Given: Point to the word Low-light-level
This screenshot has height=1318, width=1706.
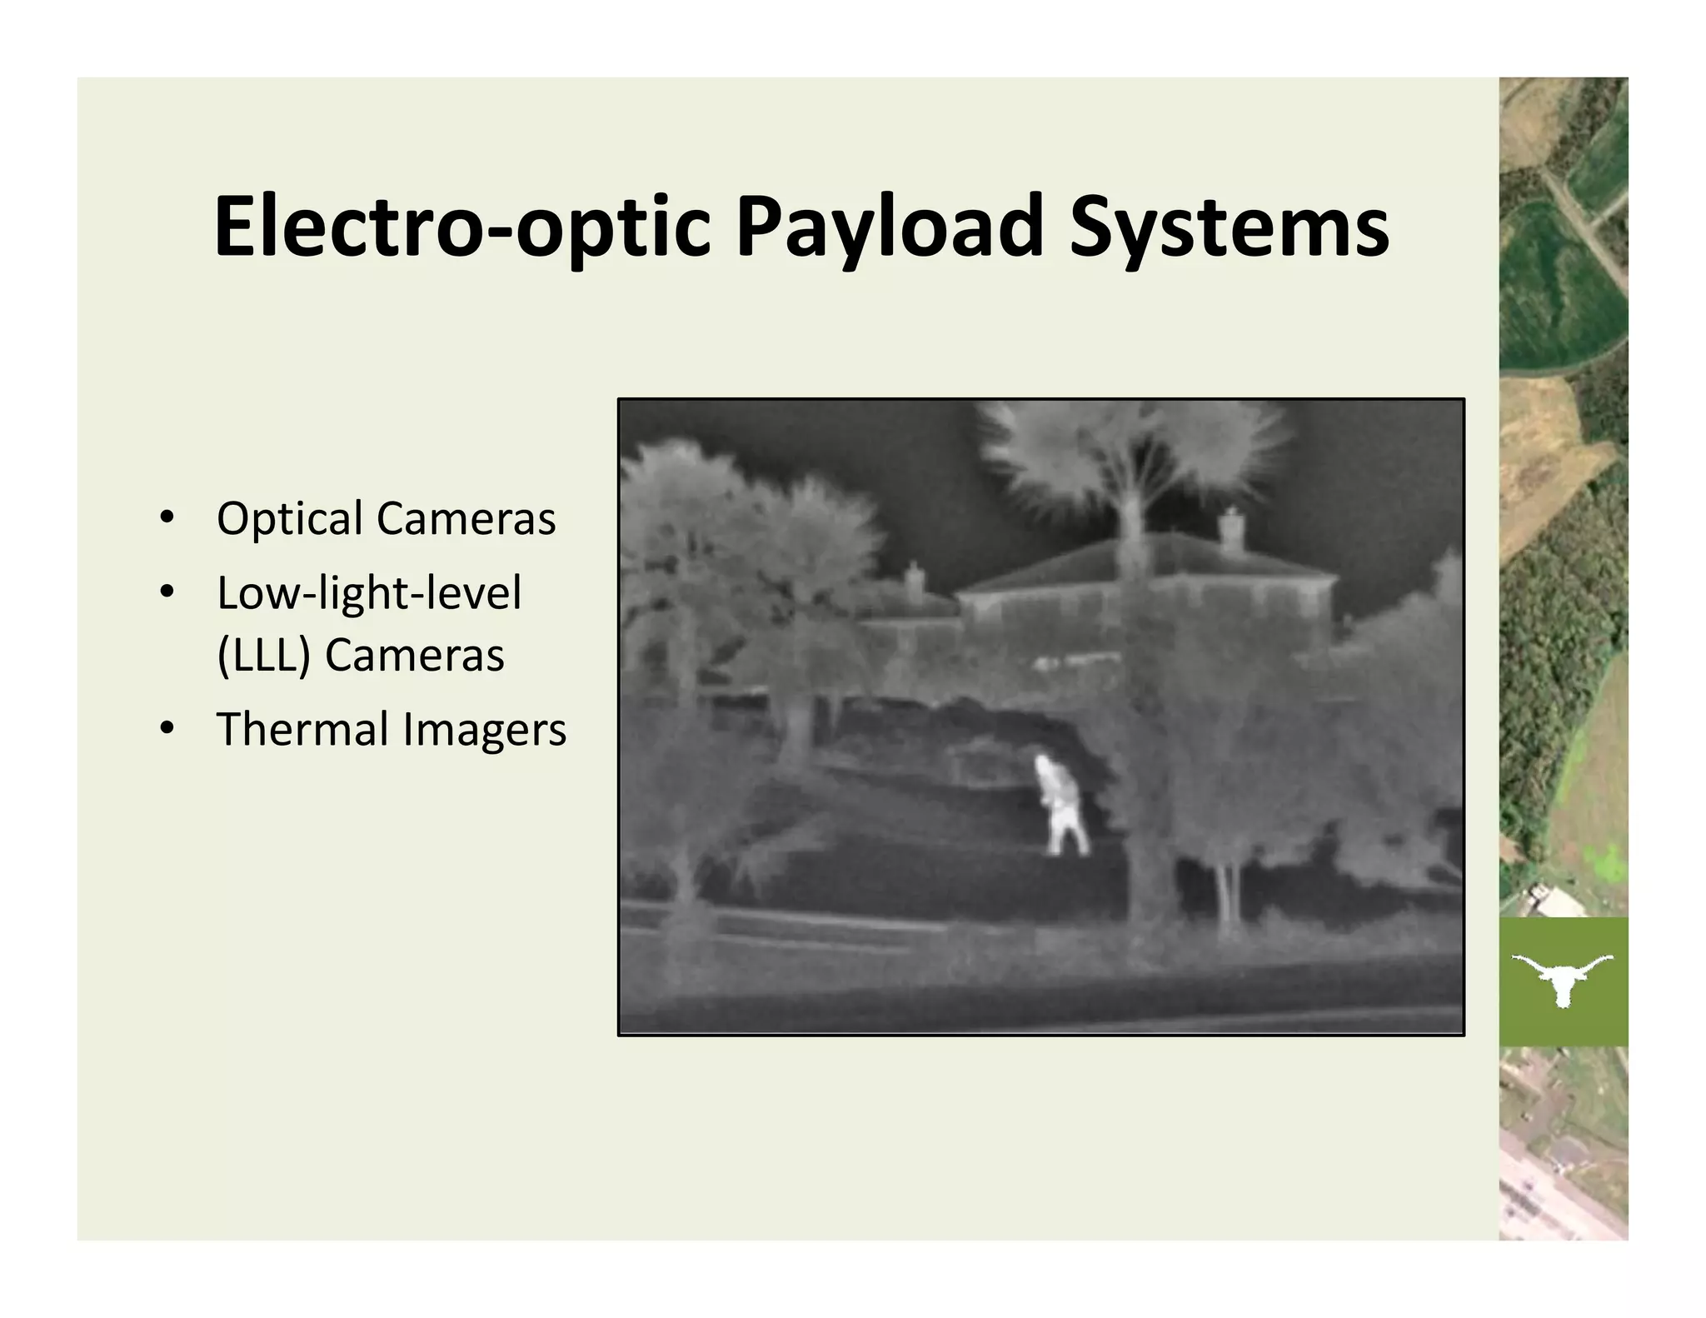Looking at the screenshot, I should (369, 592).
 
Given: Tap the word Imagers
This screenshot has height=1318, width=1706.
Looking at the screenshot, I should (485, 730).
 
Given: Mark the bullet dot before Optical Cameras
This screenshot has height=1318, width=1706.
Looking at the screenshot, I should (167, 518).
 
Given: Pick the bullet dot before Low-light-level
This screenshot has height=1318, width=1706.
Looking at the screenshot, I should (167, 592).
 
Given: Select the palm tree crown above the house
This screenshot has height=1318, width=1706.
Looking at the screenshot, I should (1133, 454).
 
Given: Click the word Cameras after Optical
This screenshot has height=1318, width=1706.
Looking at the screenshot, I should (466, 519).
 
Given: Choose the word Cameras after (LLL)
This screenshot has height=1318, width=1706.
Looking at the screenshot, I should (414, 655).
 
